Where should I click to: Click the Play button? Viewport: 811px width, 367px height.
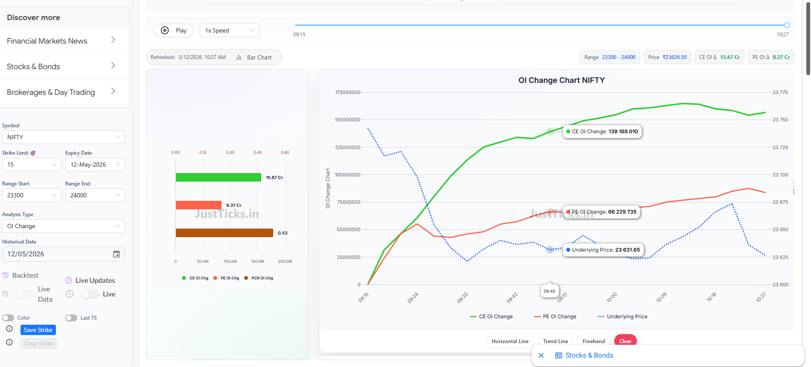tap(173, 30)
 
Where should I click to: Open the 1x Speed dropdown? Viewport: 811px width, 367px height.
tap(229, 30)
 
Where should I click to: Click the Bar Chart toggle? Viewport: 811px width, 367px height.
tap(254, 57)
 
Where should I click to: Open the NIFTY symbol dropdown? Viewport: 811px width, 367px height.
tap(64, 137)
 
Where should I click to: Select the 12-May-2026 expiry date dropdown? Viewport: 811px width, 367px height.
tap(95, 164)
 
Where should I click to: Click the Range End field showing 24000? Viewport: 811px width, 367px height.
tap(95, 195)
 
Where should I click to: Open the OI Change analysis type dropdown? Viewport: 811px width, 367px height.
tap(64, 226)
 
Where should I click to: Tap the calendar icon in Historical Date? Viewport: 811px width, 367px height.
tap(117, 254)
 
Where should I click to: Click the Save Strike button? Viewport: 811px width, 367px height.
tap(38, 330)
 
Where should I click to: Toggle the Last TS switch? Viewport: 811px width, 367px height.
tap(71, 318)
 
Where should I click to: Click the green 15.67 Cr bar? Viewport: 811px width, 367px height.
tap(218, 177)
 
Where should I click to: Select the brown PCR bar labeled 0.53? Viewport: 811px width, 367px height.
tap(224, 233)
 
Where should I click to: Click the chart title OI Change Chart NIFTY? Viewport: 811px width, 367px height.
tap(561, 80)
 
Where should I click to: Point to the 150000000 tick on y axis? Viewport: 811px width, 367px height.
tap(347, 120)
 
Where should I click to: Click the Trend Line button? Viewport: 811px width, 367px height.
tap(555, 341)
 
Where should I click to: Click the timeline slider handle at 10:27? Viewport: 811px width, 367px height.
tap(787, 25)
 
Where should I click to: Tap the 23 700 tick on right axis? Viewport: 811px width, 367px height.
tap(780, 175)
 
